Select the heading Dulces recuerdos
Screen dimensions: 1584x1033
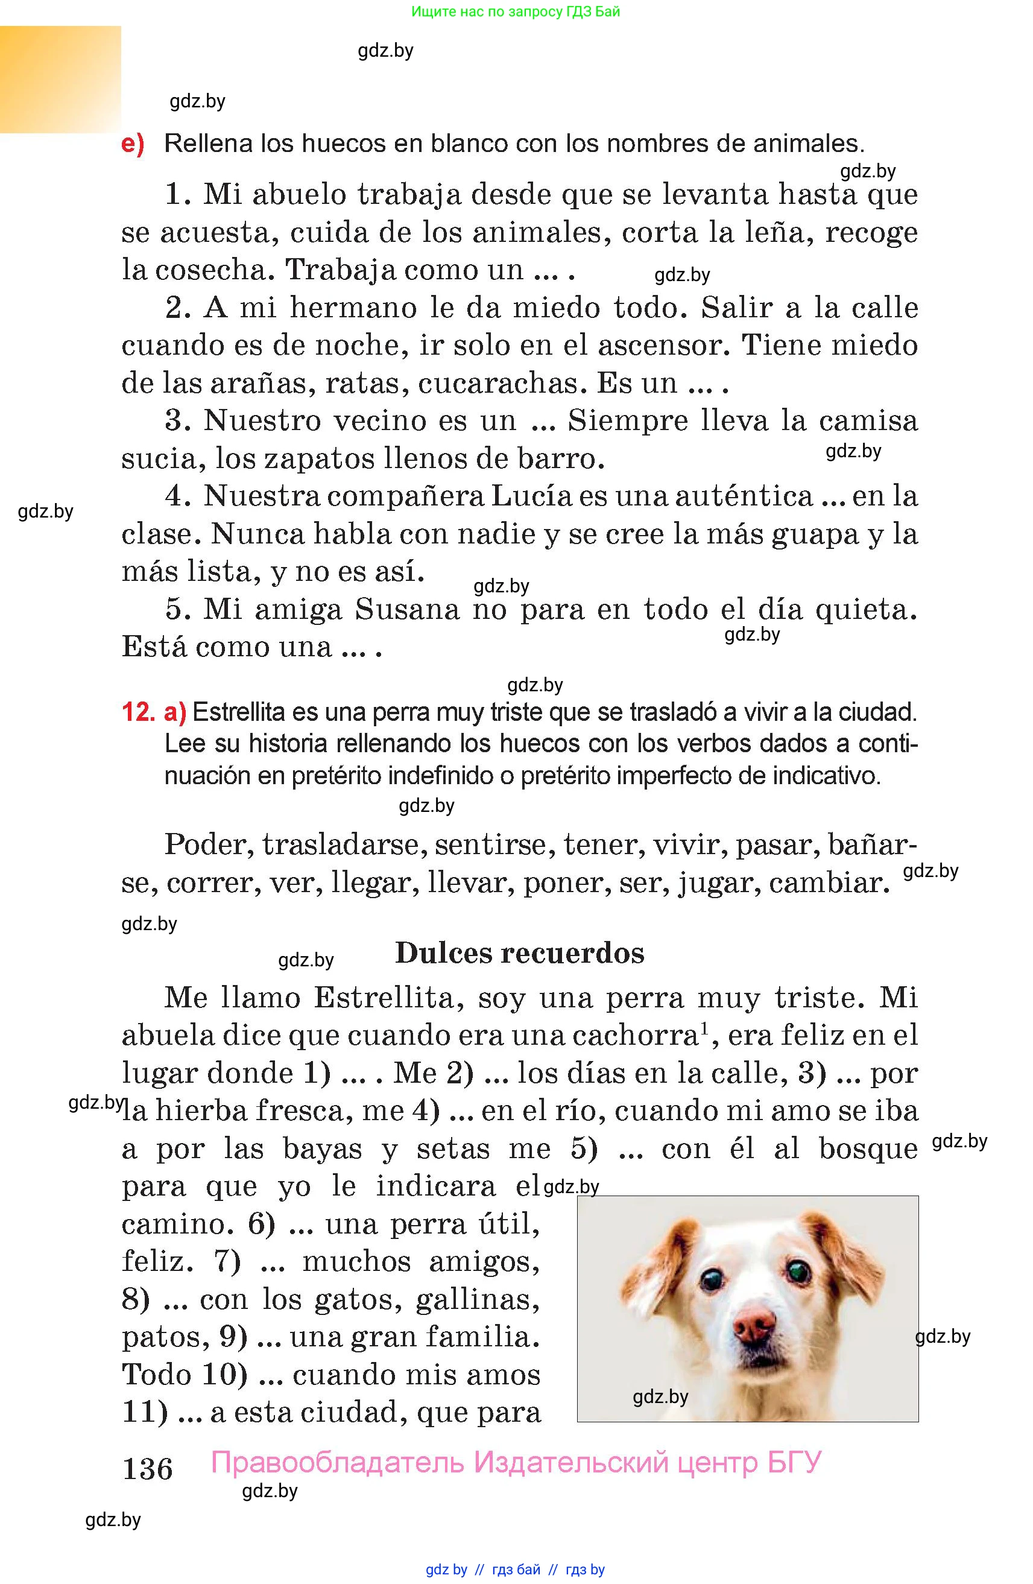coord(519,953)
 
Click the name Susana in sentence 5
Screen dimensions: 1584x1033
coord(407,610)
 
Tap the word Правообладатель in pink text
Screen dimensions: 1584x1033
coord(337,1463)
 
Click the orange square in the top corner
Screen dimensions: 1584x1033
coord(60,79)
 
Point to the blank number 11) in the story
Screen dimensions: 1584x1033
coord(145,1412)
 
